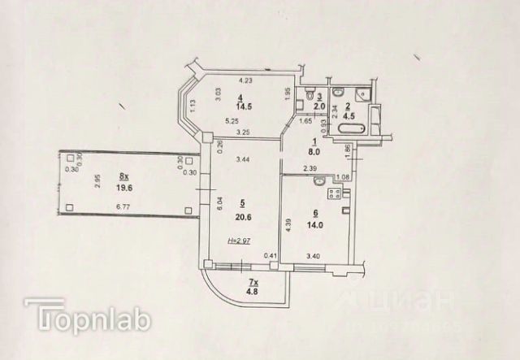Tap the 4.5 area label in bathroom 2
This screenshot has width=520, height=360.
(348, 116)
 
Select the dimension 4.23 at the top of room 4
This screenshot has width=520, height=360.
(245, 80)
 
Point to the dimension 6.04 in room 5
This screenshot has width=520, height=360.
(219, 203)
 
